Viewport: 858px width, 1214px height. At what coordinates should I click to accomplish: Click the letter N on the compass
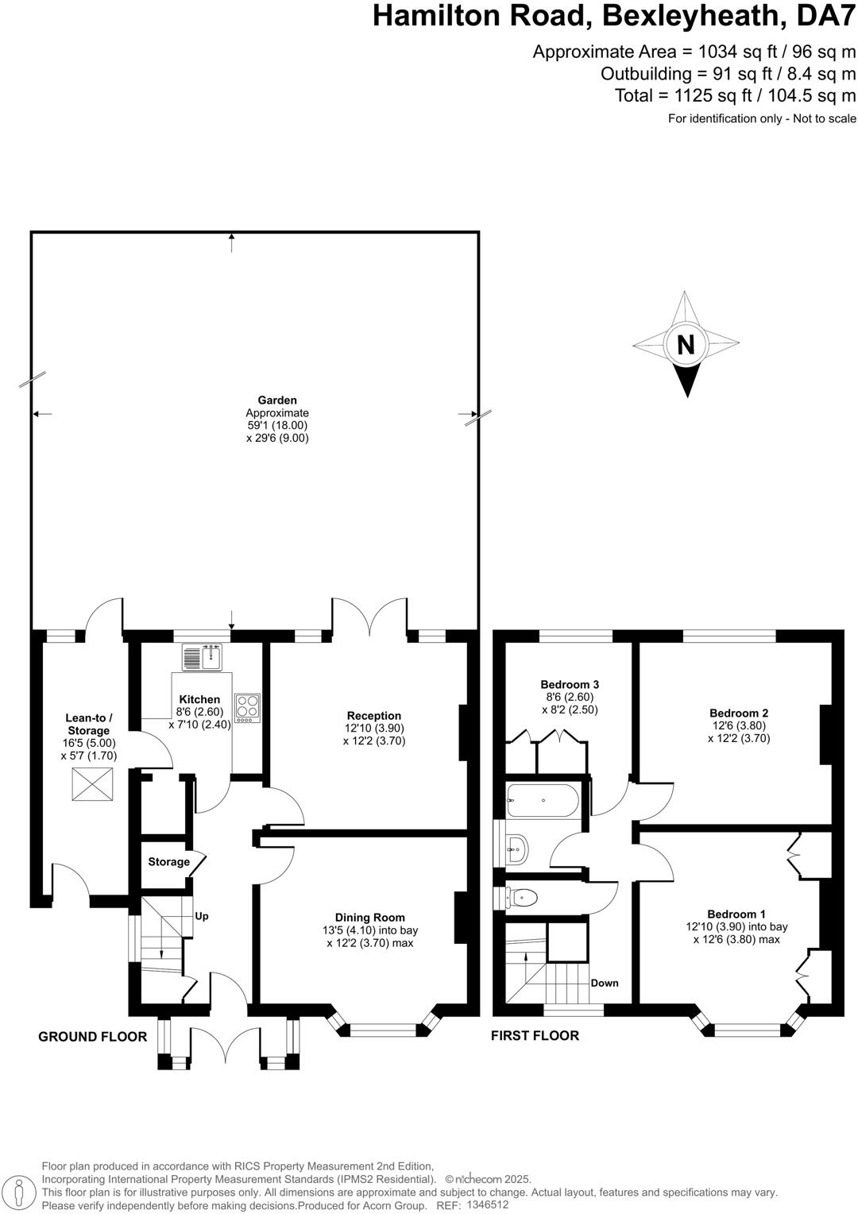685,345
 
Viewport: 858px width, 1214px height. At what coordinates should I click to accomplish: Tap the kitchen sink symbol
204,657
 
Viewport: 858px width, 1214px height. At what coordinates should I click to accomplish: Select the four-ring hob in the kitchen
247,707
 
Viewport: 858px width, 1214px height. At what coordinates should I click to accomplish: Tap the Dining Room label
369,917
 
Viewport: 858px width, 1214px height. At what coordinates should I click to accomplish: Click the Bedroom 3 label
570,684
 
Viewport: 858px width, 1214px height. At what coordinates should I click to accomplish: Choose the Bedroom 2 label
738,713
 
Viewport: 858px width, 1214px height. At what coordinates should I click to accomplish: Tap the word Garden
276,400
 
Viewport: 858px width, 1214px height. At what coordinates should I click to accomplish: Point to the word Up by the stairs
202,916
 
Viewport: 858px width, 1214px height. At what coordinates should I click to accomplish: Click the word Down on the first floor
604,983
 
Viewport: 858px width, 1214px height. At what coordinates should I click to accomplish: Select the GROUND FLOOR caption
93,1036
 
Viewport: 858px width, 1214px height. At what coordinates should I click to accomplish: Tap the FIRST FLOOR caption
535,1035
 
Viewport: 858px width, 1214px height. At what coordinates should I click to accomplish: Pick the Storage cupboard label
168,862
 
